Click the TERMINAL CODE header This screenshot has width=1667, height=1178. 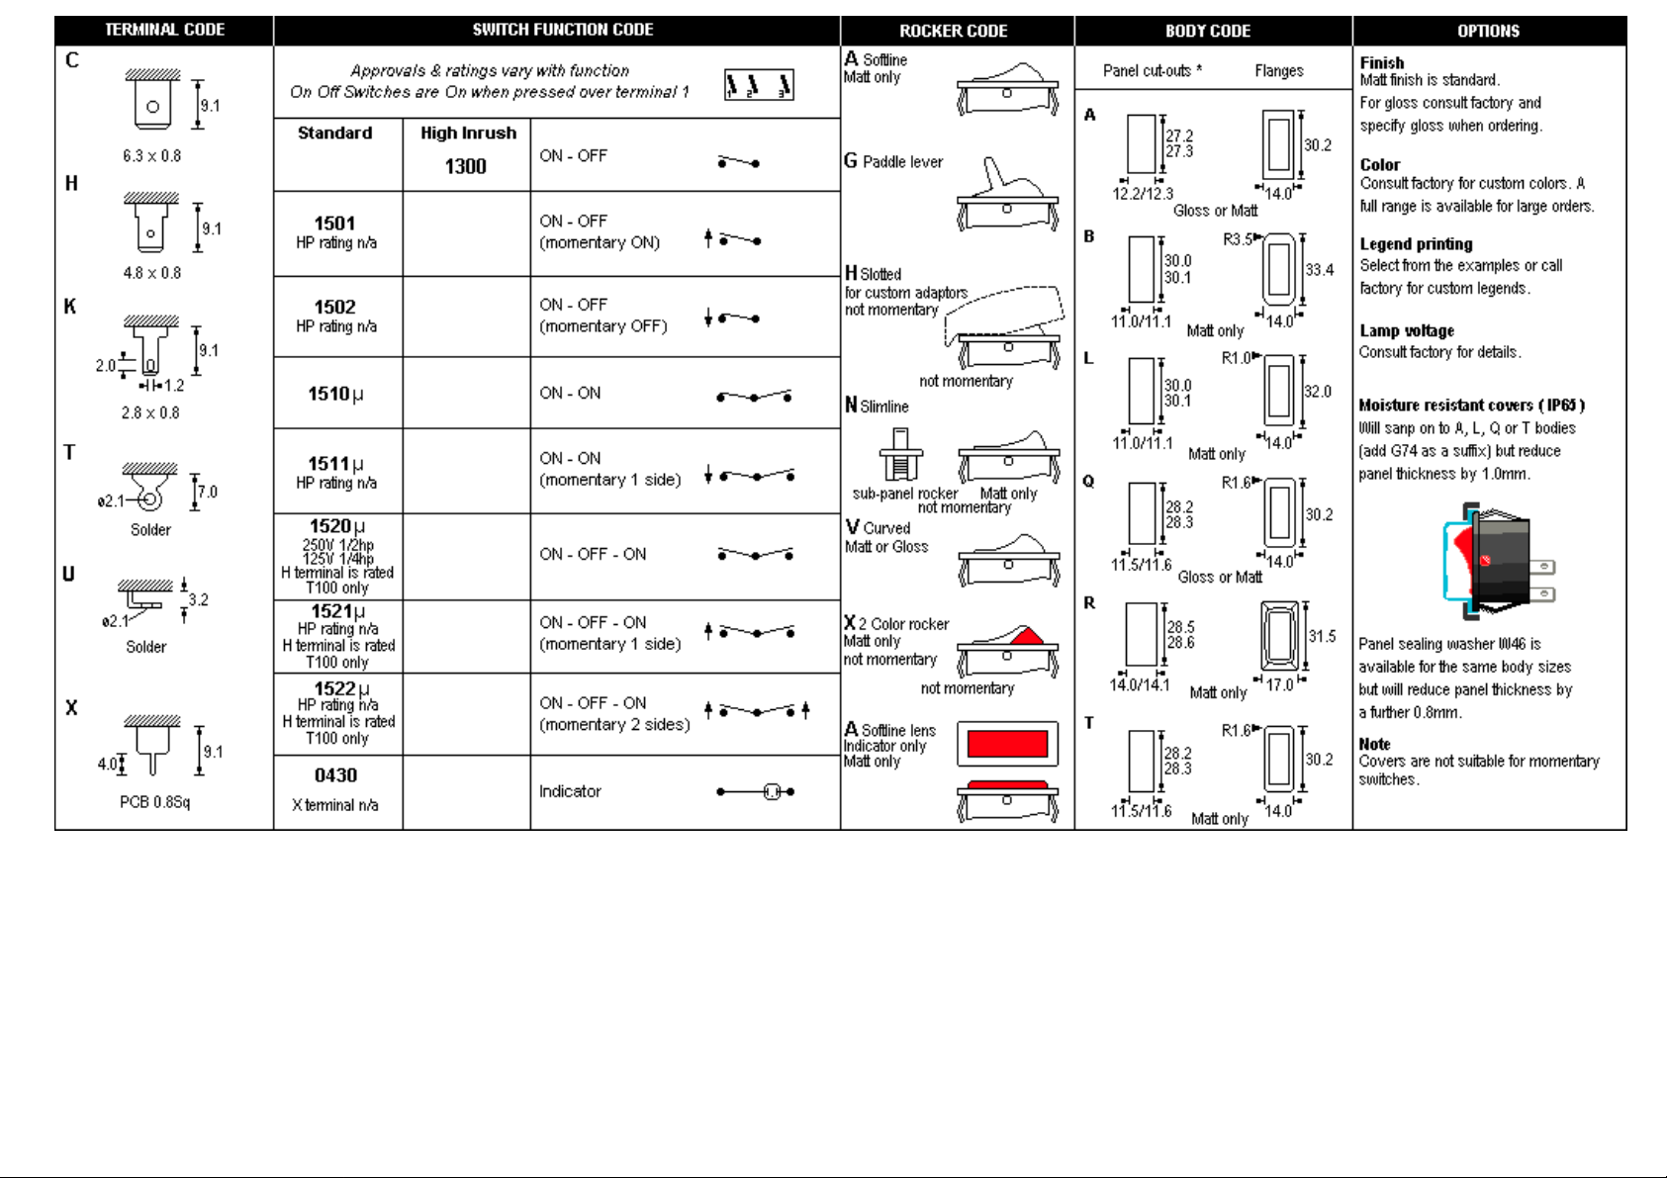164,30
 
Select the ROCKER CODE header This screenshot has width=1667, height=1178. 953,31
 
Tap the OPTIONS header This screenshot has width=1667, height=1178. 1488,31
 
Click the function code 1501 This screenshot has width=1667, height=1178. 334,224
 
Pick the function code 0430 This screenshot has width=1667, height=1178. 335,775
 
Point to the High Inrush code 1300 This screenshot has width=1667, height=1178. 465,166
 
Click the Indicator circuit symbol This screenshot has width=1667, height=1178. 757,791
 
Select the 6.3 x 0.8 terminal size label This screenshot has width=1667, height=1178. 151,155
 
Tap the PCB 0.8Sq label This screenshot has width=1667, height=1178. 154,801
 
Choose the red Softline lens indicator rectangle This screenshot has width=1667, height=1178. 1007,744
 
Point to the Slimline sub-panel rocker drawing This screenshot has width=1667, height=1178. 900,455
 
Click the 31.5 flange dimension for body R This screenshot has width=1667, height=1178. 1322,636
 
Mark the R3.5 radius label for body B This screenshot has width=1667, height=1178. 1238,239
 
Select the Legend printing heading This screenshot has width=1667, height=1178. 1416,244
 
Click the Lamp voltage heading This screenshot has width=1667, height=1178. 1406,331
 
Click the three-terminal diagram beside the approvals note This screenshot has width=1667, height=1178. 759,86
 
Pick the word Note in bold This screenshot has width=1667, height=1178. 1374,744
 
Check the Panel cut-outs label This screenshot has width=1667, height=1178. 1152,70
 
